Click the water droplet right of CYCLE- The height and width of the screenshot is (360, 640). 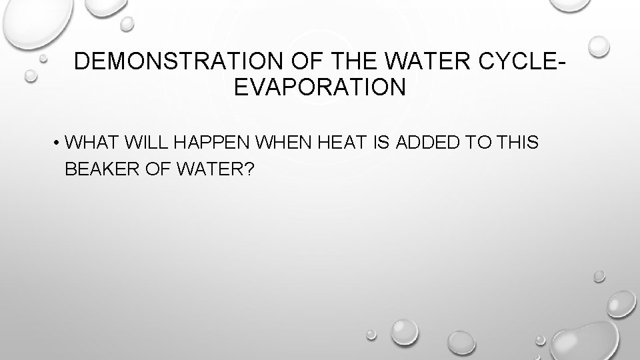coord(599,46)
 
